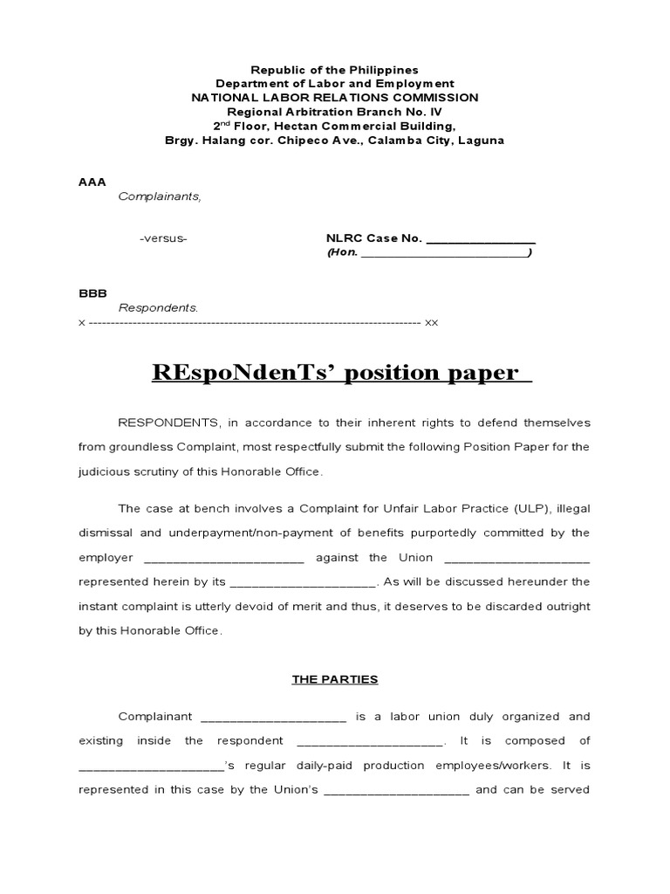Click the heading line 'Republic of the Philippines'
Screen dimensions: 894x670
pos(335,70)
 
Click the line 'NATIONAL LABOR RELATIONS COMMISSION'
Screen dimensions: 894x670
pos(335,98)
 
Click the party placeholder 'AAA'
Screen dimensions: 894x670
pos(92,182)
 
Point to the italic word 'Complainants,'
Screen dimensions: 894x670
pos(160,196)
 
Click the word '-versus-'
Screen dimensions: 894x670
pos(163,238)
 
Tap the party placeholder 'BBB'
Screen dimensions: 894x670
pos(92,293)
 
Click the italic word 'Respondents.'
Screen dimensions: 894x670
pos(158,308)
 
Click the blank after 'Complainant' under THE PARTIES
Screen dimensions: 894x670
pos(274,718)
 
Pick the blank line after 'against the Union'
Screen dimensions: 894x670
pos(516,558)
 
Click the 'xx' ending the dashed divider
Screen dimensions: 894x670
pos(431,322)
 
